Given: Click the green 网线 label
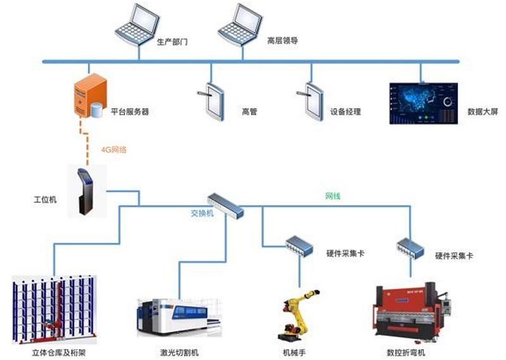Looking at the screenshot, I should pos(333,197).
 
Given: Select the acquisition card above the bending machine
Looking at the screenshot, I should pos(410,246).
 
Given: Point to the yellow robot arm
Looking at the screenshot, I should pos(297,313).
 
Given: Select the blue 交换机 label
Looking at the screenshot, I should pos(202,214).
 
